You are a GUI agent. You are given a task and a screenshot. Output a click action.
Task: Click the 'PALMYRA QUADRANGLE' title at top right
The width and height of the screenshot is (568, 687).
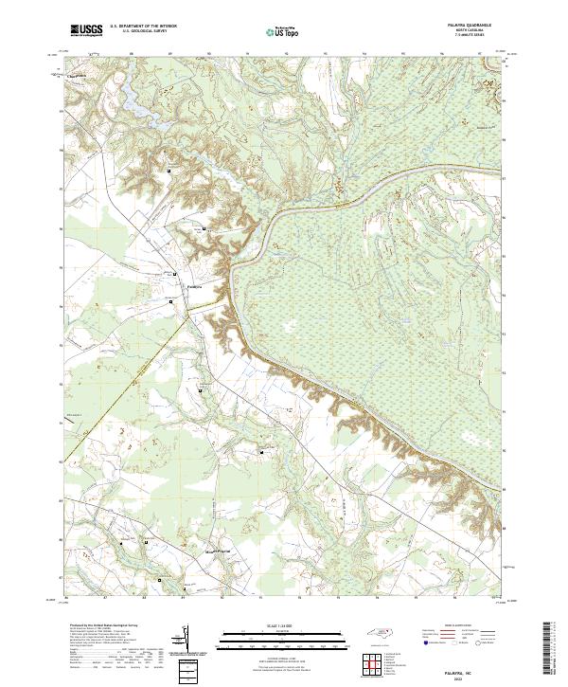[x=468, y=25]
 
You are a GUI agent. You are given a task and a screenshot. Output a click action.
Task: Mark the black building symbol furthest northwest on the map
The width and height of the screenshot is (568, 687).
[x=169, y=171]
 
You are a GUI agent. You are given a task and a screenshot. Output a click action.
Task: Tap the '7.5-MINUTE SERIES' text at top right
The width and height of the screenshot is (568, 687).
[x=468, y=36]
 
